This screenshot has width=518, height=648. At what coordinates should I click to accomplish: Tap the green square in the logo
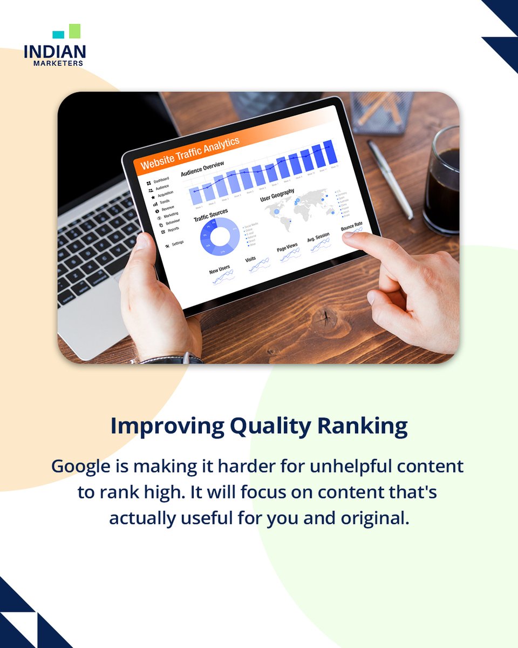[74, 31]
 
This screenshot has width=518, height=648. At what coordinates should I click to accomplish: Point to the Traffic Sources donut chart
[220, 237]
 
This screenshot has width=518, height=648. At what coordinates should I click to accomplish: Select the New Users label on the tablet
[220, 268]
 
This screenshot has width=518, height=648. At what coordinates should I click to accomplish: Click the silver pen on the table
[390, 179]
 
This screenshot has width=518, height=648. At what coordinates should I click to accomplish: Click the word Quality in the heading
[270, 426]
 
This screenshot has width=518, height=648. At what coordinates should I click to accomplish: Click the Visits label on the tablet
[250, 260]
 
